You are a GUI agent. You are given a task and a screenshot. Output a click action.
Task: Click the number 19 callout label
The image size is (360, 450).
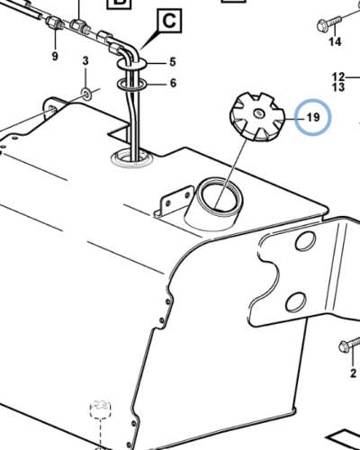click(313, 117)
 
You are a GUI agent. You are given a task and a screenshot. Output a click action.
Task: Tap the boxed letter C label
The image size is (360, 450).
click(169, 21)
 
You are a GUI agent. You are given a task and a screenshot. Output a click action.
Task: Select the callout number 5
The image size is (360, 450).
click(173, 62)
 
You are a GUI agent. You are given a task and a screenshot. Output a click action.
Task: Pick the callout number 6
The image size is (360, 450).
click(173, 83)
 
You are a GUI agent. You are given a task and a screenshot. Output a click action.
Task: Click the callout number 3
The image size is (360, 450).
click(85, 61)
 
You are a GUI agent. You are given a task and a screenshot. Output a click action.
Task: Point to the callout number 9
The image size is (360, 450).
click(55, 56)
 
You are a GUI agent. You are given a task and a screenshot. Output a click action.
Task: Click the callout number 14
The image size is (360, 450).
click(335, 41)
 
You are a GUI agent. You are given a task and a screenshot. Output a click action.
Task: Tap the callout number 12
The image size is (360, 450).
click(338, 77)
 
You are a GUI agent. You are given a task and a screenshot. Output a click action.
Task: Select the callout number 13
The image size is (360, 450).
click(338, 87)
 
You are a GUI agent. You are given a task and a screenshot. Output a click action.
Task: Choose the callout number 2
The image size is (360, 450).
click(353, 373)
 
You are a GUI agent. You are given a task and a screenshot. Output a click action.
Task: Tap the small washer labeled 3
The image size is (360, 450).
click(86, 94)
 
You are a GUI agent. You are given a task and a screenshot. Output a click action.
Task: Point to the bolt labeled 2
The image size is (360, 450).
click(349, 345)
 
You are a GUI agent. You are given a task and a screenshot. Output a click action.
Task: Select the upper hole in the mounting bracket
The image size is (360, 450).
click(306, 240)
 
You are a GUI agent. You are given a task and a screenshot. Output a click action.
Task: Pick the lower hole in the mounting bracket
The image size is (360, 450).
click(296, 301)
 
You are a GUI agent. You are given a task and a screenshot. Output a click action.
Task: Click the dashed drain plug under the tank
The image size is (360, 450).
click(101, 409)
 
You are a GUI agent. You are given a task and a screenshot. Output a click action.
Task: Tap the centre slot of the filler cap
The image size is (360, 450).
click(258, 113)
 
